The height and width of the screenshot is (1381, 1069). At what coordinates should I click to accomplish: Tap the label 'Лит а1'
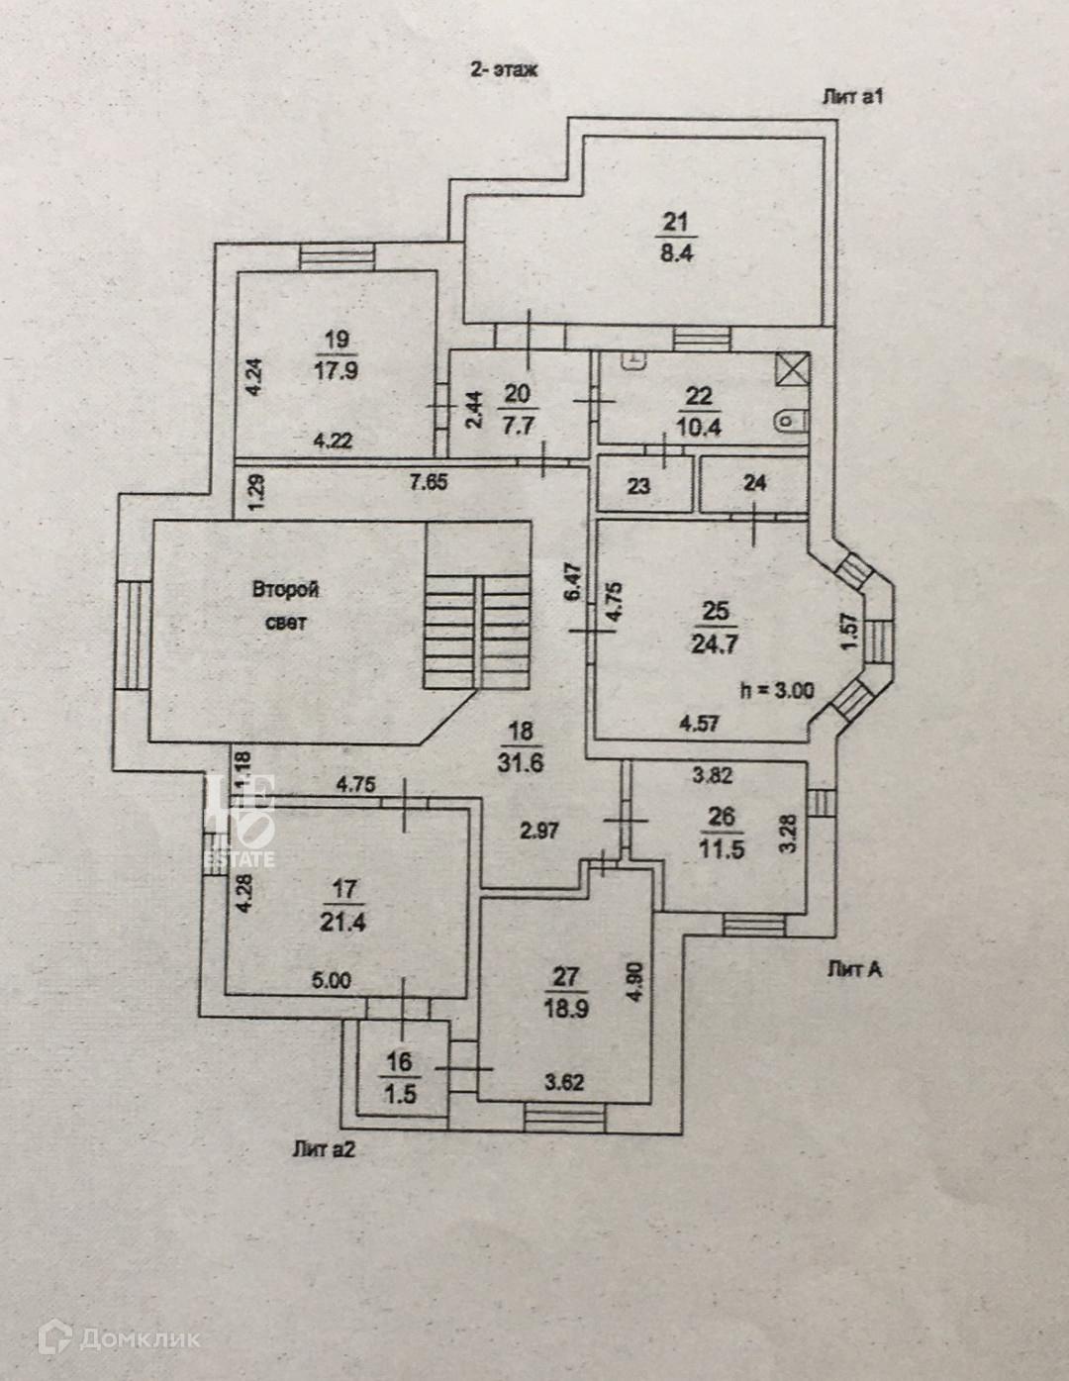click(x=851, y=97)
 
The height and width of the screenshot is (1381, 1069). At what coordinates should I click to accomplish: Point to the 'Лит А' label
click(x=854, y=970)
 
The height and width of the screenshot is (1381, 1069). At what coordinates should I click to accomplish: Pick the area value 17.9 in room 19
click(x=337, y=371)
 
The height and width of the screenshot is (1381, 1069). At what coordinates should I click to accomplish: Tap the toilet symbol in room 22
click(x=791, y=423)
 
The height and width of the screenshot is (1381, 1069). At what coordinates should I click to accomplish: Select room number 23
click(x=639, y=486)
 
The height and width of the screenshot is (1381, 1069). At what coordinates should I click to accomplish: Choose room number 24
click(x=754, y=484)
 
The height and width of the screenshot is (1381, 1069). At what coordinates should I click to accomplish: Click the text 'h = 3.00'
click(x=777, y=691)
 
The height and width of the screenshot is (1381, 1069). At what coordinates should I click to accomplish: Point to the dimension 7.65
click(x=429, y=483)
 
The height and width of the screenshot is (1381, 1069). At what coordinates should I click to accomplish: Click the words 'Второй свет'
click(x=286, y=606)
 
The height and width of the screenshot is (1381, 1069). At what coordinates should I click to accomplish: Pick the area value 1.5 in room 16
click(x=400, y=1094)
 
